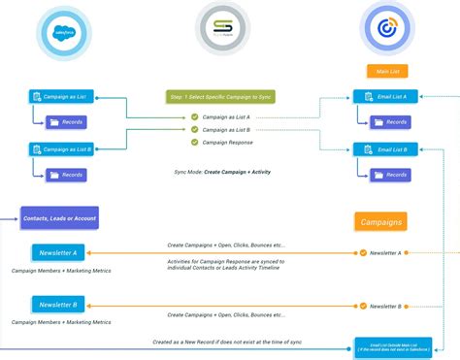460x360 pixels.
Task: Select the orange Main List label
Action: point(384,71)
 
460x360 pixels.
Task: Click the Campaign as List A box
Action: point(61,97)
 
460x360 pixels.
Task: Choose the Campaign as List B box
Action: point(61,149)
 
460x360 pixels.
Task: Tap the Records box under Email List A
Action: point(391,122)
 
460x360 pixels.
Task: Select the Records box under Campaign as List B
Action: point(68,175)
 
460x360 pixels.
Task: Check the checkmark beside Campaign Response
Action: point(194,142)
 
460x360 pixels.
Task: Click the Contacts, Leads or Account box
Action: point(60,219)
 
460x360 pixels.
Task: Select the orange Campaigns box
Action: point(380,221)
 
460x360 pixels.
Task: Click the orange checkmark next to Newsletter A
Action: point(363,252)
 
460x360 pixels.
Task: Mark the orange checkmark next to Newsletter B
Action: point(363,305)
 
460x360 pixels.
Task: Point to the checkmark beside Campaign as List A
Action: point(194,117)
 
